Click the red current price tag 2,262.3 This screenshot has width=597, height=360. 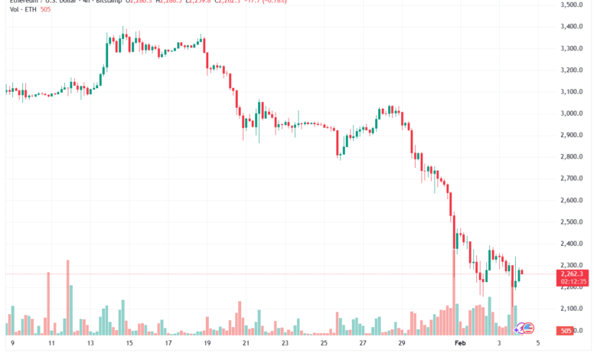click(572, 273)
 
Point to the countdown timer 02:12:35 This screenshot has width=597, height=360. click(572, 282)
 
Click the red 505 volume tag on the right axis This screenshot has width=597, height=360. click(566, 331)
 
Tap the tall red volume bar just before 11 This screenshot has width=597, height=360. click(47, 303)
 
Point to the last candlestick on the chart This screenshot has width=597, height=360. click(522, 273)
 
